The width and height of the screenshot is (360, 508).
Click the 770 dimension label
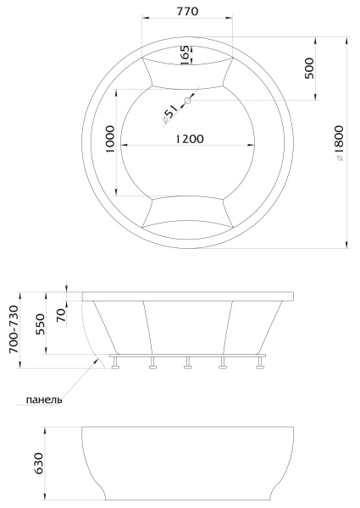click(187, 11)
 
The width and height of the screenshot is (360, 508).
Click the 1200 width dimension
click(187, 140)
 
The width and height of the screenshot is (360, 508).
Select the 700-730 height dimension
click(13, 330)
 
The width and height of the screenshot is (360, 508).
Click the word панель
click(44, 399)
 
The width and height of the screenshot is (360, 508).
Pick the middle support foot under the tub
click(187, 364)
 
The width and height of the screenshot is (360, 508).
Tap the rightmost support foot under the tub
click(258, 364)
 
